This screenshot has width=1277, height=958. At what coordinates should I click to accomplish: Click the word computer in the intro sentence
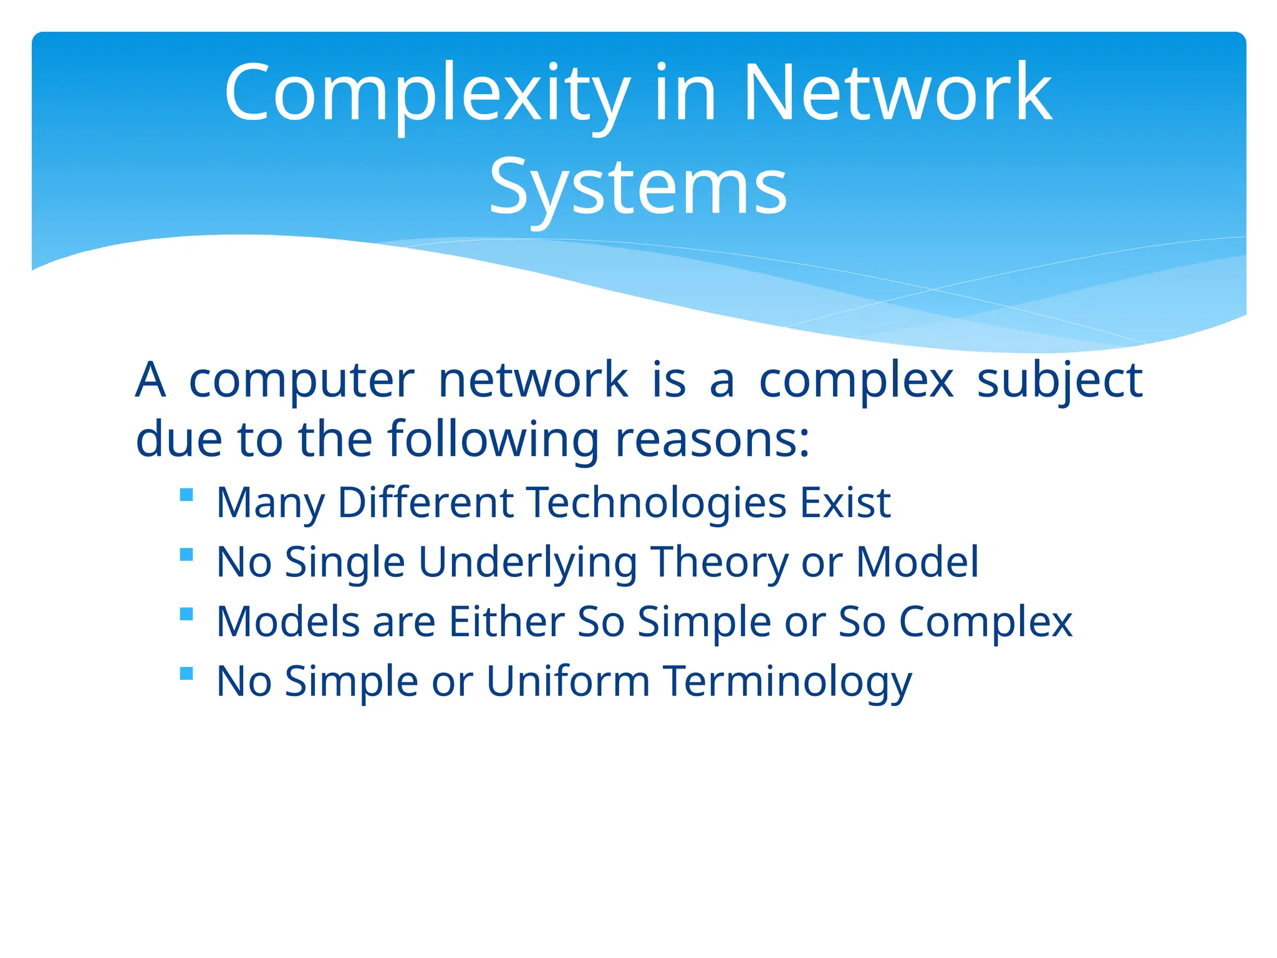point(301,380)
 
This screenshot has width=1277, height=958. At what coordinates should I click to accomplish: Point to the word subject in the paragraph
point(1059,380)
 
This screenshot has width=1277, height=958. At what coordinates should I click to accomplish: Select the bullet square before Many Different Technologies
point(186,495)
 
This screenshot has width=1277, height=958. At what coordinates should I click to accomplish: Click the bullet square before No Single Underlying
point(186,554)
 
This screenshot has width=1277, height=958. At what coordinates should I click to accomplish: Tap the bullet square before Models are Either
point(186,614)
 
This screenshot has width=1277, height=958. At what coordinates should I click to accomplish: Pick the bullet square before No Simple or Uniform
point(186,674)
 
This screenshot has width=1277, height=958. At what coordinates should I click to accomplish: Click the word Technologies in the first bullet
point(656,503)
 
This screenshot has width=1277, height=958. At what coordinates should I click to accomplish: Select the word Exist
point(845,503)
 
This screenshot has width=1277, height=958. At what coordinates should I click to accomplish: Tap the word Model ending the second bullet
point(917,563)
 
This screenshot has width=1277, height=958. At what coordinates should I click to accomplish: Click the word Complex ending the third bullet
point(985,622)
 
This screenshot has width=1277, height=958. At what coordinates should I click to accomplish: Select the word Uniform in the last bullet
point(567,681)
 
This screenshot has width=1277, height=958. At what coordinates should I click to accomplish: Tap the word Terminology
point(787,681)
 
